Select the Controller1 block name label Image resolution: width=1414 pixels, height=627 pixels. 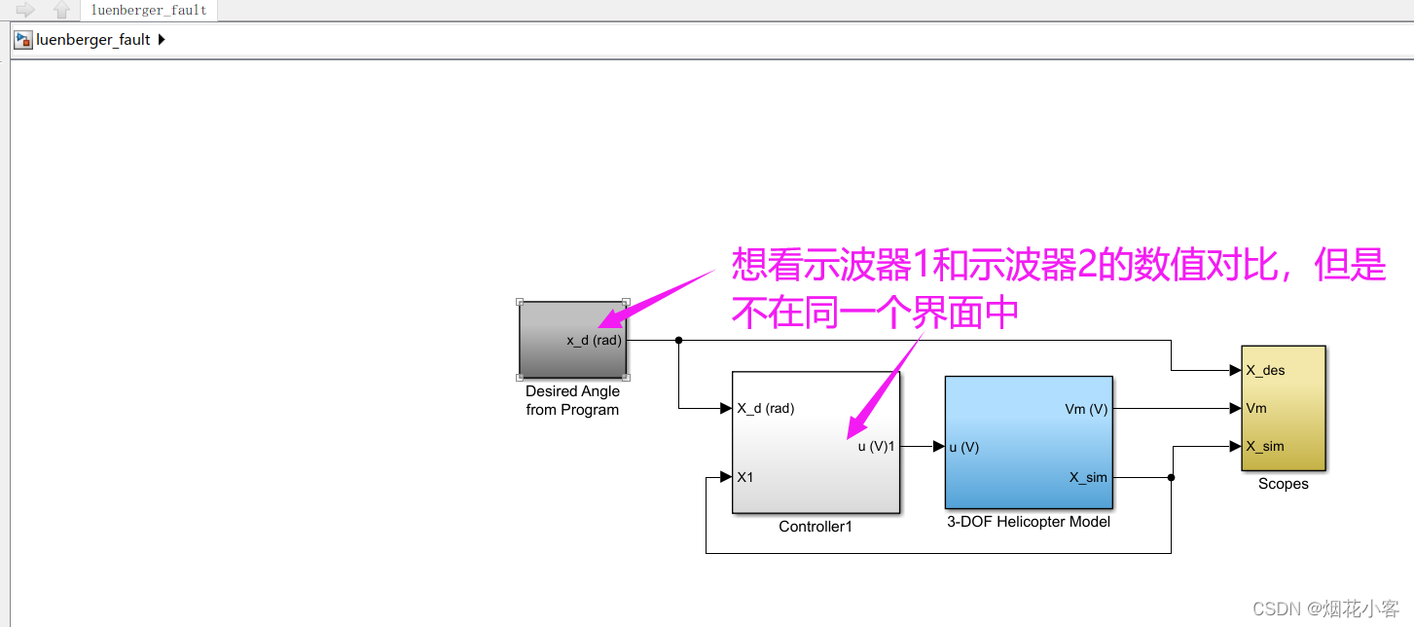point(816,527)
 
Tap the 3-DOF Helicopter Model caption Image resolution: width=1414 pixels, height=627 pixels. point(1029,522)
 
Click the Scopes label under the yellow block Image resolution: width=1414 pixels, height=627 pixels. point(1283,484)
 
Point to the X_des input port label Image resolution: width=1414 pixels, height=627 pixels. point(1265,370)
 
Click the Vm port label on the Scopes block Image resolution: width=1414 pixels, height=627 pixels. point(1256,408)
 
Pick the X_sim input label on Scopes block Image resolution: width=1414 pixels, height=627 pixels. point(1265,446)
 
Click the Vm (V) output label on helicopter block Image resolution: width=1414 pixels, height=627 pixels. point(1086,409)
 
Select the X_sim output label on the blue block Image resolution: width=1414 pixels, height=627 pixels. point(1088,477)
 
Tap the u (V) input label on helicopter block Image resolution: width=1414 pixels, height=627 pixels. point(963,447)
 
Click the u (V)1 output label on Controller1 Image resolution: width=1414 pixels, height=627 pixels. point(876,447)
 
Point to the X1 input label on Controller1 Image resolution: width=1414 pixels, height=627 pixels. point(745,477)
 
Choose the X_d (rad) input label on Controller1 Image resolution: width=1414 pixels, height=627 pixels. point(766,409)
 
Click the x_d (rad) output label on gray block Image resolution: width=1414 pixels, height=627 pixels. point(594,340)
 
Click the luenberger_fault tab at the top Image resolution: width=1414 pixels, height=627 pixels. point(149,11)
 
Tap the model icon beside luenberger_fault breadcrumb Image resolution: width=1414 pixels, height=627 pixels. point(23,40)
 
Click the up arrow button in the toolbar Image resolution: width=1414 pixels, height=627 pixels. point(61,10)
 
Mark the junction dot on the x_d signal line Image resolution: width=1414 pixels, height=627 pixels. point(678,340)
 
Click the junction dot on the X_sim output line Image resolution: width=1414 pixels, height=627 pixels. point(1171,477)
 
